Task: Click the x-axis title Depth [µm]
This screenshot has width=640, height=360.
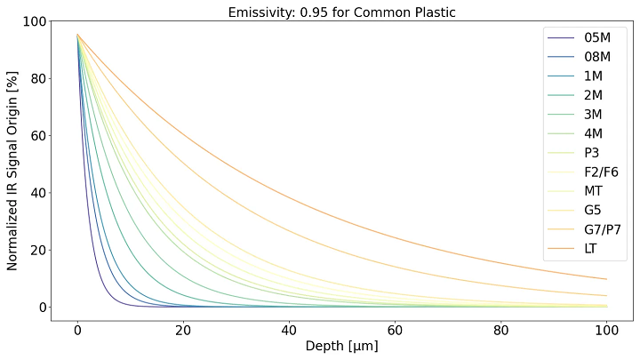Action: (x=342, y=346)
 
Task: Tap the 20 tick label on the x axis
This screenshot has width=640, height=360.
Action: (x=183, y=329)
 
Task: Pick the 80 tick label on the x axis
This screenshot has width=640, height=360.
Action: (x=501, y=329)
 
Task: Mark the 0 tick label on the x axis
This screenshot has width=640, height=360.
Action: (x=77, y=329)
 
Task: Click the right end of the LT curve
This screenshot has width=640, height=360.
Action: (x=606, y=279)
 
